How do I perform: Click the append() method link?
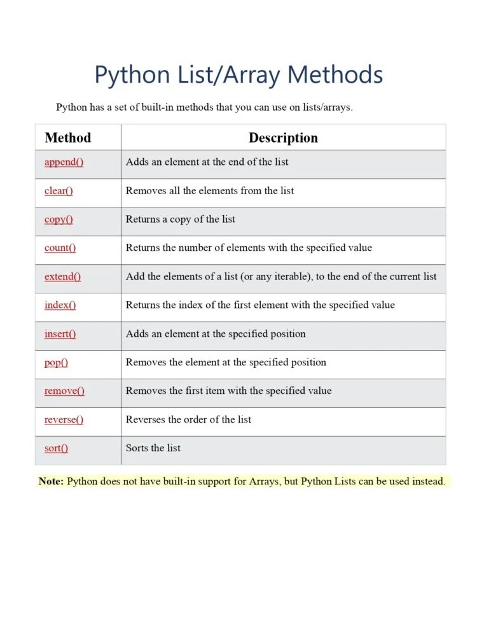[64, 162]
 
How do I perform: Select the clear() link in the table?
[59, 191]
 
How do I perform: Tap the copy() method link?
[59, 220]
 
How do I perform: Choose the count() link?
[60, 248]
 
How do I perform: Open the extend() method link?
[62, 277]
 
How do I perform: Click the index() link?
[60, 305]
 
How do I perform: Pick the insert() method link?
[60, 334]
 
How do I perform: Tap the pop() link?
[56, 363]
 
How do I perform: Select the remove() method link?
[64, 391]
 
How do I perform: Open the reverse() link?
[64, 420]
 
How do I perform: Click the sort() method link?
[56, 449]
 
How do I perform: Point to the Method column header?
[67, 138]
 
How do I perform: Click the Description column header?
[283, 138]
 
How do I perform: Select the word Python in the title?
[132, 76]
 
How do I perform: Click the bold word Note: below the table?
[51, 482]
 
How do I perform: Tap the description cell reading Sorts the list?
[153, 449]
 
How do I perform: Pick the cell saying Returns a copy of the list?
[181, 220]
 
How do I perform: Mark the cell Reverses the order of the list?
[188, 420]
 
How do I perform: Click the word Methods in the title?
[335, 76]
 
